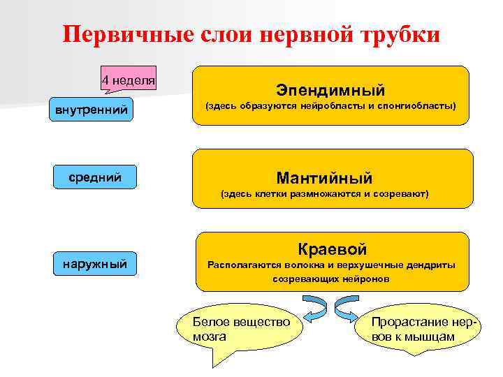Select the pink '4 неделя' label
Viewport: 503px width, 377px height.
coord(128,80)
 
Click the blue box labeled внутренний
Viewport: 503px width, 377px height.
coord(92,110)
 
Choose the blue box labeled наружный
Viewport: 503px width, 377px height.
coord(92,263)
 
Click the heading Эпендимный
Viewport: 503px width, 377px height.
coord(330,90)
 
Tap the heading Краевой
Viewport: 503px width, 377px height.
coord(333,249)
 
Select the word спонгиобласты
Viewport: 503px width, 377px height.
coord(416,107)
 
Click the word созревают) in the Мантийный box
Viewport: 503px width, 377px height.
coord(403,194)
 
